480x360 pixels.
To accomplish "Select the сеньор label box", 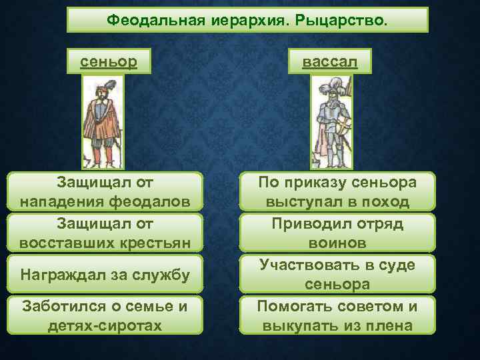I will [109, 62].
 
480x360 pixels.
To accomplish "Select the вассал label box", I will [330, 62].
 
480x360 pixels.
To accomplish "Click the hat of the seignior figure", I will [101, 87].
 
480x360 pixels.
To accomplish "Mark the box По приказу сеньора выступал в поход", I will [337, 191].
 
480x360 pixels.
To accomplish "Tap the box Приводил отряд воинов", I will [337, 232].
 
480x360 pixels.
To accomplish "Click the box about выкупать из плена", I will [337, 315].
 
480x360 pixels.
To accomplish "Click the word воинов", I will [337, 242].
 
